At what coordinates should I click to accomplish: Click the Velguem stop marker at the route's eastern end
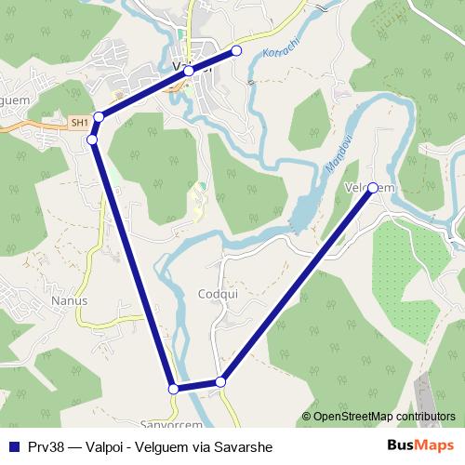(373, 188)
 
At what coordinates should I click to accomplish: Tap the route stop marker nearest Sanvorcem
(173, 389)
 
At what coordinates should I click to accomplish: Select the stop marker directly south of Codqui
(220, 381)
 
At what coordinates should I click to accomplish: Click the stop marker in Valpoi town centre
(189, 71)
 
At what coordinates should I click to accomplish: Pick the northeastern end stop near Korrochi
(236, 50)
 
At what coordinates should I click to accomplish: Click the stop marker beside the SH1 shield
(98, 117)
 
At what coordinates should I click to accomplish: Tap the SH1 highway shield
(79, 122)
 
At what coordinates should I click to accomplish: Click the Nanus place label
(70, 300)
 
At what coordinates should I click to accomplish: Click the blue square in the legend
(14, 446)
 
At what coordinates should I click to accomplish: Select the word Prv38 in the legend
(47, 446)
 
